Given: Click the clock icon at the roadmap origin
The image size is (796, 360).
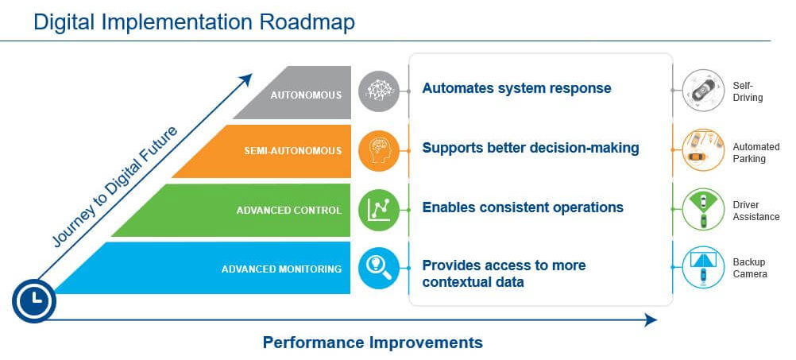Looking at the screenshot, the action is (34, 301).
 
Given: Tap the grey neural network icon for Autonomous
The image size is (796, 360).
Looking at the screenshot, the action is (379, 91).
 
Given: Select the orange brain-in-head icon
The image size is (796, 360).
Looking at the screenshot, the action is (379, 150).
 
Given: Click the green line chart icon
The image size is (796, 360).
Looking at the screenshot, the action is (379, 209).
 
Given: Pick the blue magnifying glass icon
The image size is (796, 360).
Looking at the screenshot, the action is (379, 268).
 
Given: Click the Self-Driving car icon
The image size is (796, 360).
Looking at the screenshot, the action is (702, 91).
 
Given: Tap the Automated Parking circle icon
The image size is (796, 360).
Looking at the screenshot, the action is (702, 149).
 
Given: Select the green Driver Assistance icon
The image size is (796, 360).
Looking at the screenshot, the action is (702, 209).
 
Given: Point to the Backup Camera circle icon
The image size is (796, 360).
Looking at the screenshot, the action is (702, 267).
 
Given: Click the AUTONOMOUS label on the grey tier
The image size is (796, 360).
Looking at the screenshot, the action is (306, 95).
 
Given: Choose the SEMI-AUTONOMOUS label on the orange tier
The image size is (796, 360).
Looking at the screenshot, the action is (293, 151).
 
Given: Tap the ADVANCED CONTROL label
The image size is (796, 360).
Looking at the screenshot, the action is (289, 211).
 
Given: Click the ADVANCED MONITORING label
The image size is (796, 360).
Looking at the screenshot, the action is (281, 269).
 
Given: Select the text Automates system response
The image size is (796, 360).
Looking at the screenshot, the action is (517, 88).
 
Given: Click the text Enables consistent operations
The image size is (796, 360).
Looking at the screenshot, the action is (523, 207).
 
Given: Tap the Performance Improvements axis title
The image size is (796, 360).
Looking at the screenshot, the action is (373, 343).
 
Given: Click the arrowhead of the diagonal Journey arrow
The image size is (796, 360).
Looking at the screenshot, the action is (246, 79).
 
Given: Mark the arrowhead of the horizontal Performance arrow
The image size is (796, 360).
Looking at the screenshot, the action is (651, 320).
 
